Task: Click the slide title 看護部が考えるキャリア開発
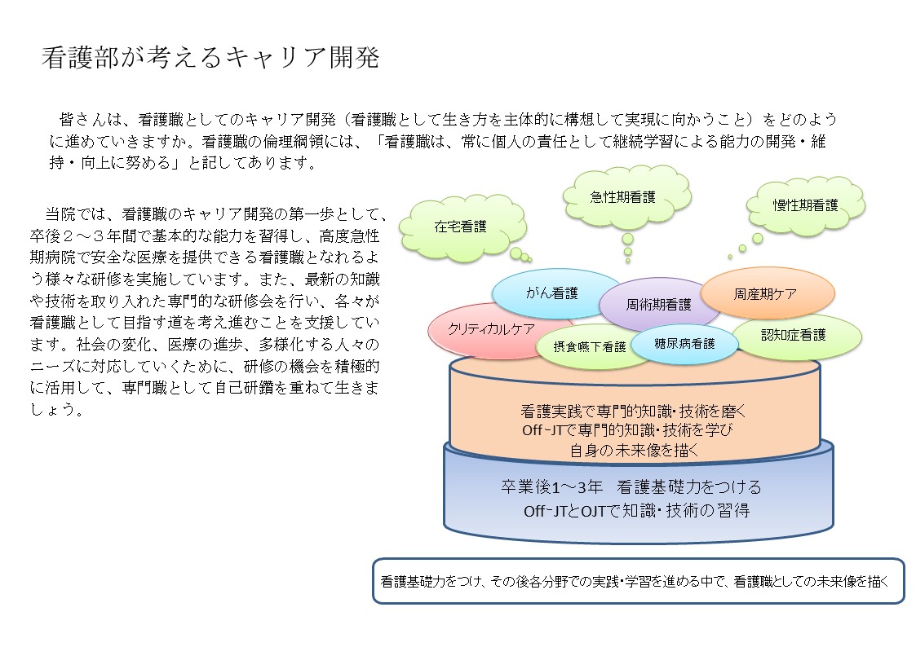click(210, 57)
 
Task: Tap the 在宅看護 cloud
click(460, 227)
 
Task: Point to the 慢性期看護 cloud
click(805, 205)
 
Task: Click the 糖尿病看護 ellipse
click(684, 344)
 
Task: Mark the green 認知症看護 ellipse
click(794, 335)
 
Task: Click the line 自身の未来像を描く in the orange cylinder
click(633, 450)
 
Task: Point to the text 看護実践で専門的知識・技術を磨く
click(633, 411)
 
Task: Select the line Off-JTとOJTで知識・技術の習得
click(636, 511)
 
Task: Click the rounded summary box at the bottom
click(638, 581)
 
